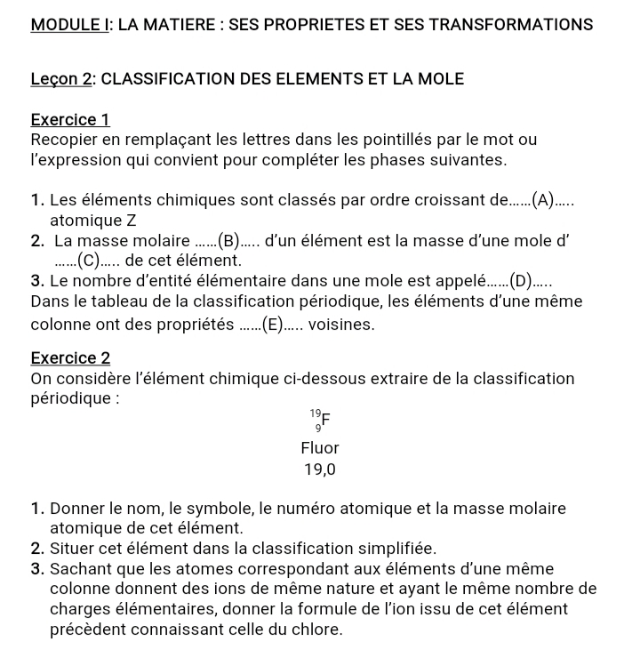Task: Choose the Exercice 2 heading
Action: coord(70,358)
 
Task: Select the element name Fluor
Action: coord(320,448)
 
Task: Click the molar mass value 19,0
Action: coord(320,469)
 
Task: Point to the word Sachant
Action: coord(80,569)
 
